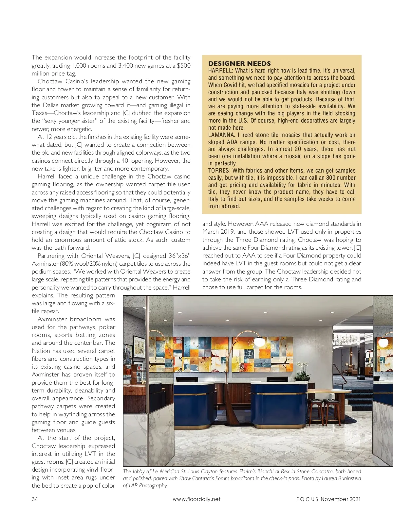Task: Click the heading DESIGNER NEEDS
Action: (x=239, y=63)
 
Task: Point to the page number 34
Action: (x=35, y=499)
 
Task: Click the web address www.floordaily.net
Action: (x=196, y=499)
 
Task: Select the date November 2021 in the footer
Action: (x=341, y=499)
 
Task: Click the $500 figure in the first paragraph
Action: (x=183, y=65)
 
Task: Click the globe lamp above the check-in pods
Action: (x=260, y=341)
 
